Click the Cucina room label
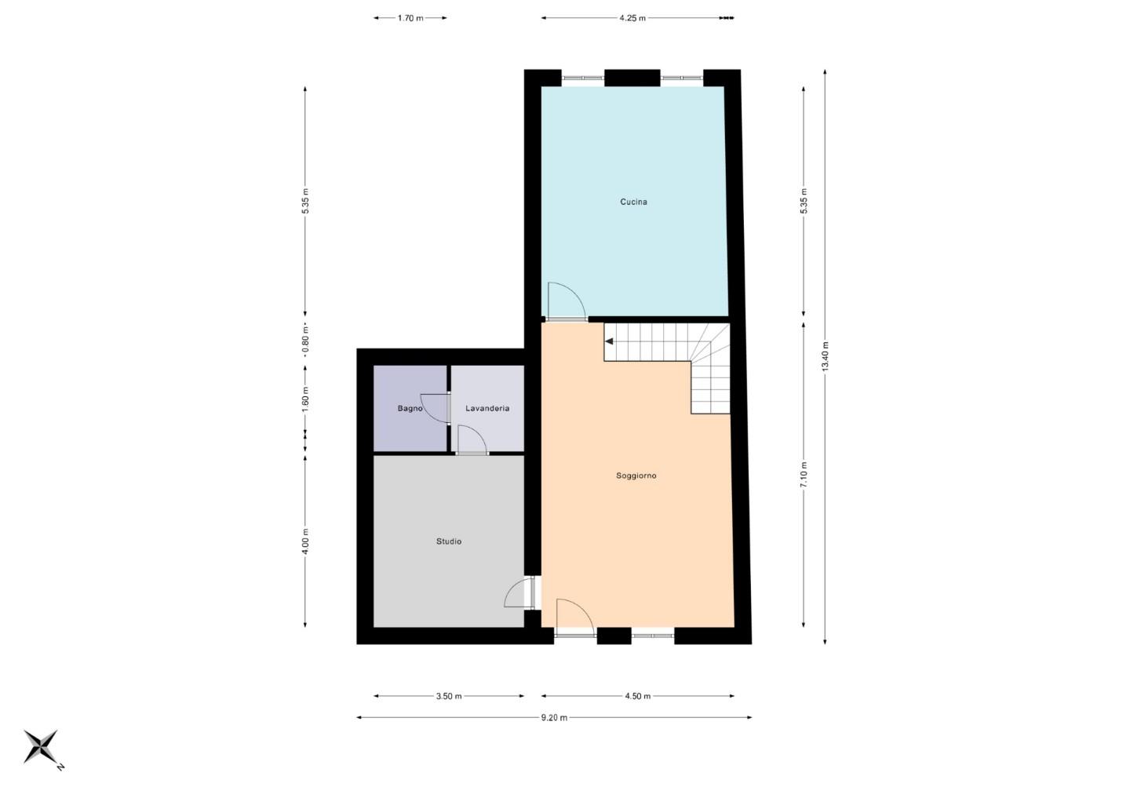tap(633, 202)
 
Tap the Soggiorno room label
tap(636, 476)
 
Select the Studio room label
tap(449, 541)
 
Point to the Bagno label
tap(410, 409)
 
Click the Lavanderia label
tap(487, 409)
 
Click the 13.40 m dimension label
tap(826, 357)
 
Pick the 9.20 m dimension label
tap(554, 717)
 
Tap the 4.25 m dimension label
tap(632, 18)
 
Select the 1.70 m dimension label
tap(410, 18)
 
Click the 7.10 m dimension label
tap(804, 475)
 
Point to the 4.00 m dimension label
tap(305, 541)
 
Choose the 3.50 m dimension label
tap(449, 696)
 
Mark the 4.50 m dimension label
tap(638, 696)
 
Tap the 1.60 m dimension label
tap(305, 398)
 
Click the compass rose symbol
tap(41, 746)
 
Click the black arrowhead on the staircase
tap(609, 341)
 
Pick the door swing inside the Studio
tap(518, 594)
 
